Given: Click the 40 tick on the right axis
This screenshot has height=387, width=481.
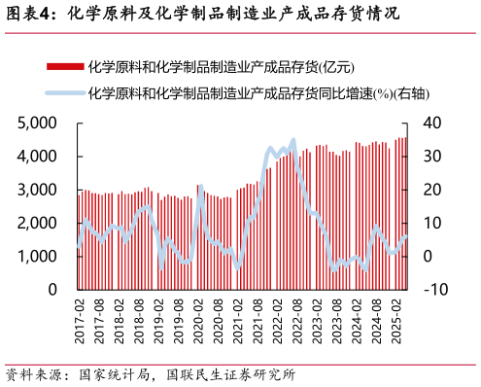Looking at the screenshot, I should (x=432, y=123).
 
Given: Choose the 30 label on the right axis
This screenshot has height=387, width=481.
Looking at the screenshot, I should (x=432, y=156).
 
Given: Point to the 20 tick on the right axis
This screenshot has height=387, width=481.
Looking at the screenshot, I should (x=432, y=189).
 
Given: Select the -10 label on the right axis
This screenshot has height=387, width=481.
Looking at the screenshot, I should (x=434, y=290).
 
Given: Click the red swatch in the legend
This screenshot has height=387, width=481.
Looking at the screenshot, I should (x=64, y=66).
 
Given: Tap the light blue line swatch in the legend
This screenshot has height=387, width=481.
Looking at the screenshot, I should (x=64, y=93).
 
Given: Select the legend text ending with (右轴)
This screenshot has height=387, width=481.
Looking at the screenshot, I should (x=258, y=93).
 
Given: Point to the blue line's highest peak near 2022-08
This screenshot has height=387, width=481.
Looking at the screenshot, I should (x=292, y=141).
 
